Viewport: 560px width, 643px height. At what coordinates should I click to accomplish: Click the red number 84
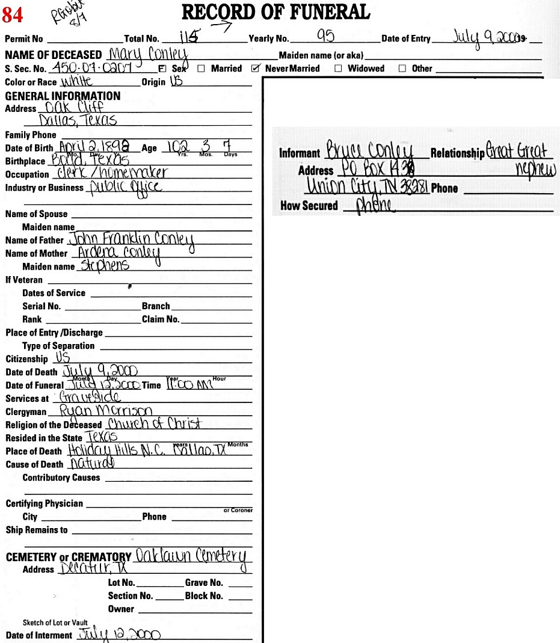pos(13,14)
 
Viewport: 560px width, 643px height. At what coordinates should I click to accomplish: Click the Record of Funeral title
pos(275,11)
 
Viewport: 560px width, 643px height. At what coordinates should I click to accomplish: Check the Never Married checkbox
pos(255,69)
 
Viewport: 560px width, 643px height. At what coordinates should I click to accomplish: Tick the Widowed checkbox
pos(338,69)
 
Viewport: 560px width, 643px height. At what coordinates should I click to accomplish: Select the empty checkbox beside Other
pos(402,69)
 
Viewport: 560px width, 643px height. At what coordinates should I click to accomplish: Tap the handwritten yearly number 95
pos(325,37)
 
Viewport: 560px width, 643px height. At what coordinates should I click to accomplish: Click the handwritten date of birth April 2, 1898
pos(96,147)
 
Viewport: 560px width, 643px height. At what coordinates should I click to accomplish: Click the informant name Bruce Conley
pos(370,150)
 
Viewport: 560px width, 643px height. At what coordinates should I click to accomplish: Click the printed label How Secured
pos(309,206)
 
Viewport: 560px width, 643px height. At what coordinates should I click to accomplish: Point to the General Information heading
pos(63,96)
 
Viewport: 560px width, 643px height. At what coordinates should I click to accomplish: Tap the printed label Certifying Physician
pos(45,503)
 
